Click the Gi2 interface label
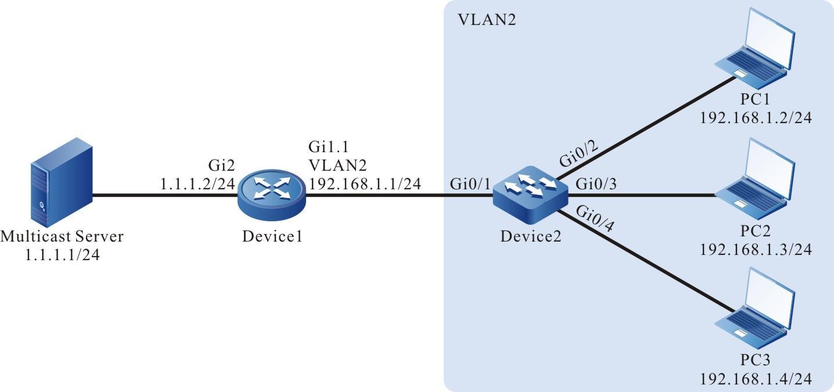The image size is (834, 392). pos(222,167)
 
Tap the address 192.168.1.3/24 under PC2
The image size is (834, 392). pos(755,250)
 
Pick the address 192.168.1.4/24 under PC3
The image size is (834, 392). pos(755,380)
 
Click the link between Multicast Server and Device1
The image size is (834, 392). pos(163,195)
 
